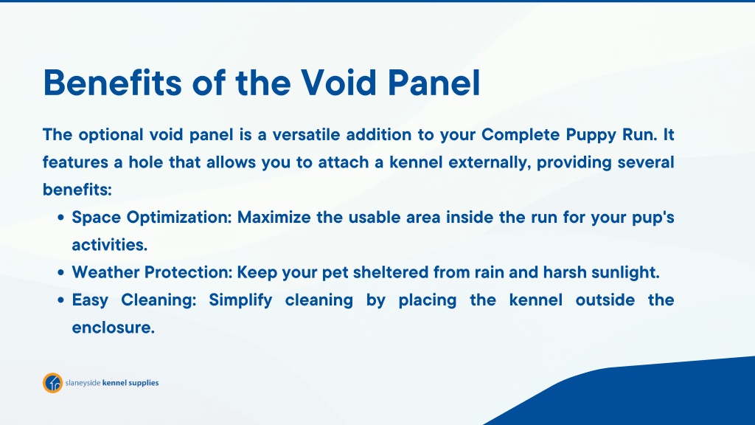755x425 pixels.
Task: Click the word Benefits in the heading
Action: [x=113, y=83]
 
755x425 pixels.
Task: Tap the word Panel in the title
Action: [x=434, y=83]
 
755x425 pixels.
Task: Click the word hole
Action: [x=145, y=162]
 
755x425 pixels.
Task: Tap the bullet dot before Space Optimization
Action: [x=60, y=218]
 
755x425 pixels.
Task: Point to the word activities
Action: [x=109, y=245]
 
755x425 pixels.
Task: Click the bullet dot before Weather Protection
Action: [x=60, y=273]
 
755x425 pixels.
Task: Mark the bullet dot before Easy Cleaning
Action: [x=60, y=300]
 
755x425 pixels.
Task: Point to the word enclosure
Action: [x=113, y=328]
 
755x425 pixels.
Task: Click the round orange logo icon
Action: [x=52, y=383]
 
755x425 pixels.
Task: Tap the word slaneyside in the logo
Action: [x=83, y=383]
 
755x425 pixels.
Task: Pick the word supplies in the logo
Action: [x=144, y=383]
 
